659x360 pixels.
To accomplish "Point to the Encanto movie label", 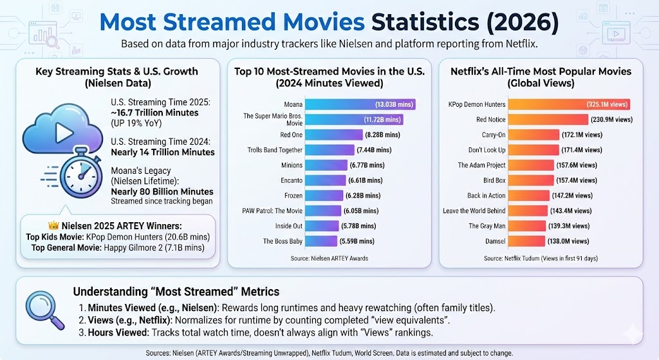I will [292, 181].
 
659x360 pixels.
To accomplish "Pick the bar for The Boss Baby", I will [321, 242].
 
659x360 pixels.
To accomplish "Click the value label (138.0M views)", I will [570, 242].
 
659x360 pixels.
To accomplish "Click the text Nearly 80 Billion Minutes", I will [162, 191].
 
